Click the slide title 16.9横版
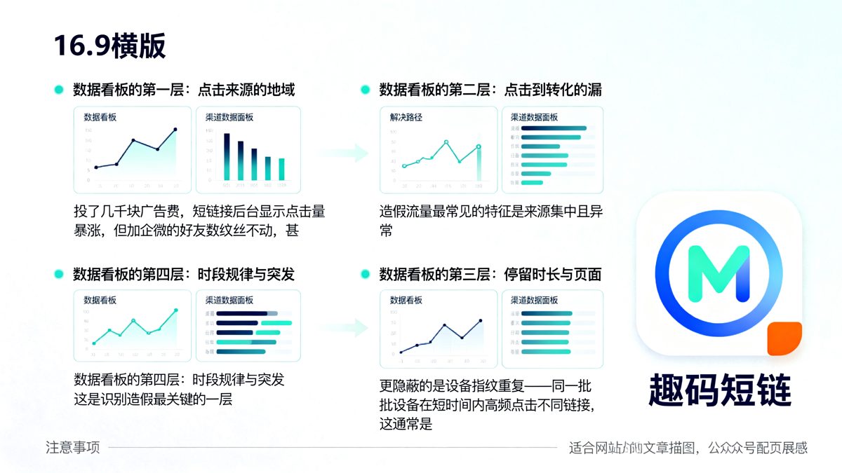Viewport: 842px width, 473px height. coord(109,46)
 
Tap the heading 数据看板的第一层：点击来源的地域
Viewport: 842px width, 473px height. coord(184,90)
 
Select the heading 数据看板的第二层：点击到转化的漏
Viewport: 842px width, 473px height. coord(490,90)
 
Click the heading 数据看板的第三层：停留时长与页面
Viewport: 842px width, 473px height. coord(490,274)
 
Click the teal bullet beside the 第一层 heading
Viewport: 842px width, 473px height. coord(59,90)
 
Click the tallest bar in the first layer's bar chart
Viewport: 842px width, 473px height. coord(227,156)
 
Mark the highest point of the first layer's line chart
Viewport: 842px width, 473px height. coord(175,130)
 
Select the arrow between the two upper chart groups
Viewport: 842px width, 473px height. coord(352,152)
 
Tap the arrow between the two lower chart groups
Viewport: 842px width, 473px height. coord(352,327)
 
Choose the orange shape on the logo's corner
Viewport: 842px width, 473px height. coord(784,338)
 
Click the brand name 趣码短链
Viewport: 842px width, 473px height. coord(720,390)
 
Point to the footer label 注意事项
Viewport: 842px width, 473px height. coord(73,447)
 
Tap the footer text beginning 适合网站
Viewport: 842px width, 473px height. coord(688,447)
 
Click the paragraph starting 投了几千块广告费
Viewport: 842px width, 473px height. coord(199,220)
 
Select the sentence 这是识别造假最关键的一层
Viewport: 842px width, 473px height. coord(153,399)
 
